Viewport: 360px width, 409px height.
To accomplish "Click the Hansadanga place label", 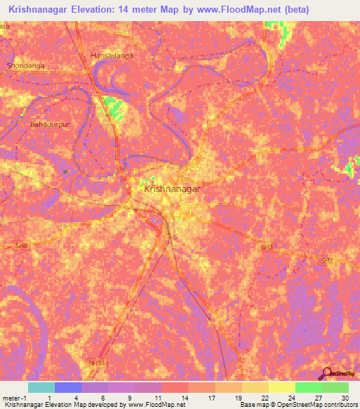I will click(x=112, y=55).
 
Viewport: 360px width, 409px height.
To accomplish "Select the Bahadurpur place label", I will click(x=47, y=124).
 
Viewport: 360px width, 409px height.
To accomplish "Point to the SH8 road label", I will click(x=22, y=245).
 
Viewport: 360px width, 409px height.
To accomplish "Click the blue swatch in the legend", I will click(x=67, y=387).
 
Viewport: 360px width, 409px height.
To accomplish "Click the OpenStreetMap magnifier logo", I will click(x=327, y=373).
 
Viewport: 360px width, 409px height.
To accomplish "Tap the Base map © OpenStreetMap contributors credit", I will click(x=296, y=405).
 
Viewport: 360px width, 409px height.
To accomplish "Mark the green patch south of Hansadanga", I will click(x=112, y=108).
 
